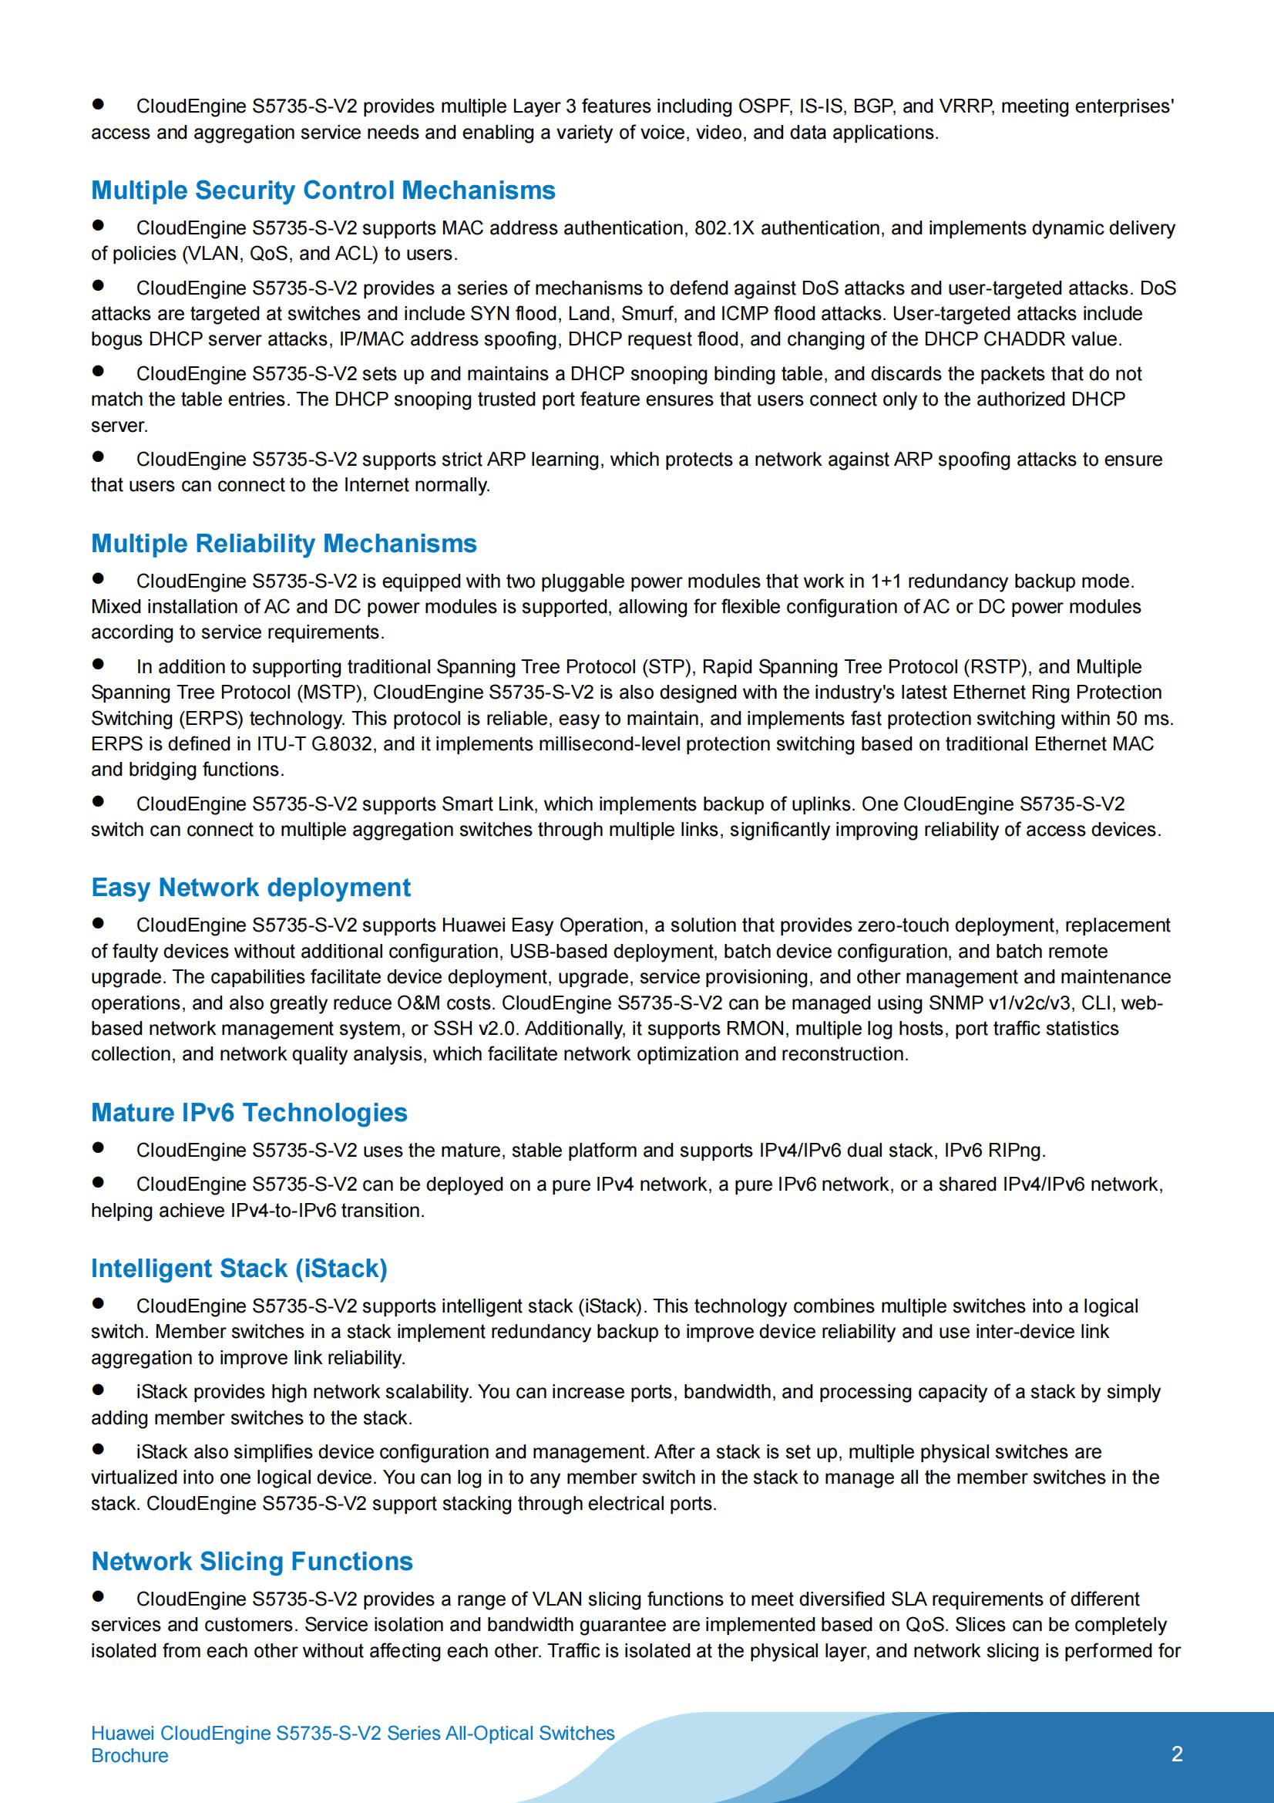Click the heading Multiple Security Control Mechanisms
point(323,190)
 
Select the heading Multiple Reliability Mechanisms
point(284,544)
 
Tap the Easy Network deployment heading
point(250,888)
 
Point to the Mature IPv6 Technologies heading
point(249,1113)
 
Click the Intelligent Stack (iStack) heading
point(239,1269)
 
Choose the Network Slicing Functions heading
point(252,1561)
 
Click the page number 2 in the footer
point(1177,1754)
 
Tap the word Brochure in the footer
point(129,1756)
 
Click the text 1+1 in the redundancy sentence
point(886,582)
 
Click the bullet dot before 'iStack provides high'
point(98,1389)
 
